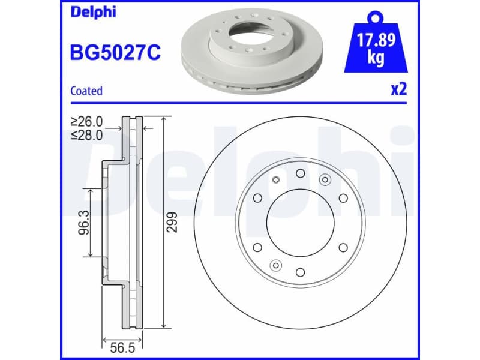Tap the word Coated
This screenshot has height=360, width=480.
pyautogui.click(x=86, y=91)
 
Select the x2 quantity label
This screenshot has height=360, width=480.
pyautogui.click(x=399, y=89)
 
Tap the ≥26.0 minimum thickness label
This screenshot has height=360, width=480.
pyautogui.click(x=87, y=122)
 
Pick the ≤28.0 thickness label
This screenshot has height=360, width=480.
pyautogui.click(x=87, y=135)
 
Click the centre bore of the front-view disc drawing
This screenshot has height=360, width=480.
pyautogui.click(x=299, y=223)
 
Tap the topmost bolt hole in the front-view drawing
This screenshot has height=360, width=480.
pyautogui.click(x=299, y=173)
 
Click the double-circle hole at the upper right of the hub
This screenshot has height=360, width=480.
pyautogui.click(x=325, y=179)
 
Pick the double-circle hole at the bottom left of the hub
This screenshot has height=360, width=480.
pyautogui.click(x=275, y=265)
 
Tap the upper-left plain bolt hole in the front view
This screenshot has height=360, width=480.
pyautogui.click(x=257, y=198)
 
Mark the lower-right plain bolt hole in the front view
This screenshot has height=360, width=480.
pyautogui.click(x=343, y=247)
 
